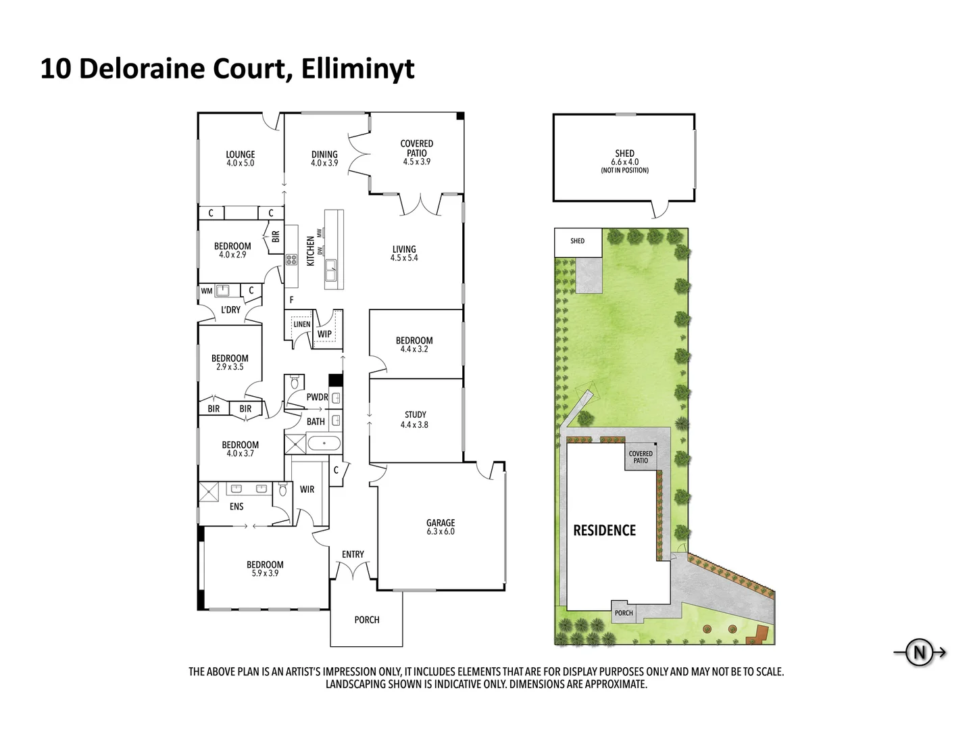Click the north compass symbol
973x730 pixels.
coord(920,653)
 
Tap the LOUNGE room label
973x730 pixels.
coord(240,155)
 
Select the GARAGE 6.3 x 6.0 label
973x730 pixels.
coord(441,527)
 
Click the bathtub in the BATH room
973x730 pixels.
coord(324,444)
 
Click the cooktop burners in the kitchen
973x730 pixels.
coord(291,259)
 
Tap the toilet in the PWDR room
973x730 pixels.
coord(294,383)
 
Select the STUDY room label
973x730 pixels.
coord(415,415)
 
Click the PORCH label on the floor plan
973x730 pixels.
coord(367,620)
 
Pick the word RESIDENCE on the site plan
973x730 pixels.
coord(605,531)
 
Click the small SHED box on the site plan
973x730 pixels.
coord(577,241)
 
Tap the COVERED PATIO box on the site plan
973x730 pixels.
coord(641,458)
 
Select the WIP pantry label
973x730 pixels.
coord(324,334)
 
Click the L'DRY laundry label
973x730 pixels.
coord(230,310)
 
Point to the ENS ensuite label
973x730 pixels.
coord(236,506)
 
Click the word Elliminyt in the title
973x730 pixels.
coord(357,69)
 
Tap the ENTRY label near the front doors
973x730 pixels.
coord(353,554)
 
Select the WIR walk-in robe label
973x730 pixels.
coord(307,489)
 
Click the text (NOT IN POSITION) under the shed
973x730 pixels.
coord(624,170)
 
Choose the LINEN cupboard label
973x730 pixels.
coord(301,324)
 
